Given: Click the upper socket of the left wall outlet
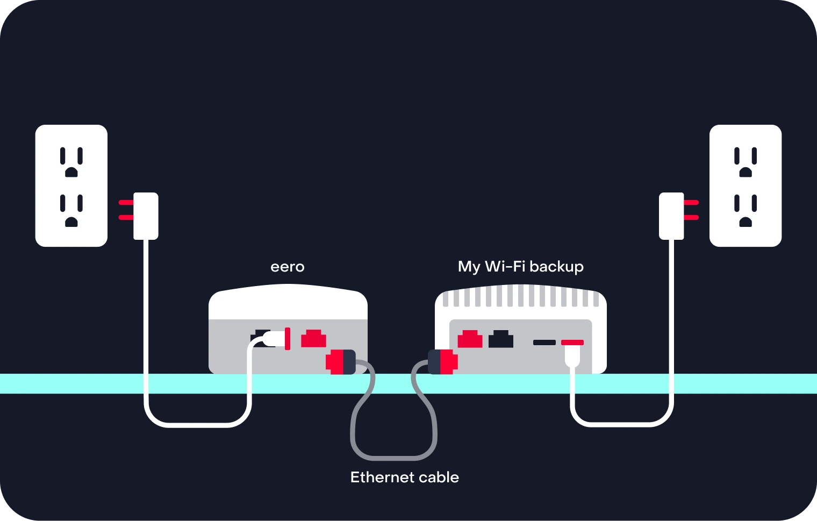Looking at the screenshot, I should click(x=71, y=162).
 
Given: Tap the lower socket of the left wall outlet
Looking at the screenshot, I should click(x=71, y=210).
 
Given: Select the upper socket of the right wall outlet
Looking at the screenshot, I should click(x=746, y=162).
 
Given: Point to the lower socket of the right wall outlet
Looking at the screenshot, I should click(x=746, y=210).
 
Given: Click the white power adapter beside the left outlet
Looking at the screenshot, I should click(x=146, y=216).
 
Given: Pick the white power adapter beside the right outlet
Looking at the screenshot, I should click(x=671, y=216).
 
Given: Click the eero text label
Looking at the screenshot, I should click(x=288, y=267).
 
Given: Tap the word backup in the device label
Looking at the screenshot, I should click(x=556, y=267).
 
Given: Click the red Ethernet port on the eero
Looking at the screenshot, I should click(x=313, y=339).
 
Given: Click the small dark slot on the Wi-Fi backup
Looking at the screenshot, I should click(x=544, y=342).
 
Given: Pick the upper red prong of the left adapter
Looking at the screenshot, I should click(x=126, y=203).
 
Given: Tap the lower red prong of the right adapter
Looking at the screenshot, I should click(x=691, y=218).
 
